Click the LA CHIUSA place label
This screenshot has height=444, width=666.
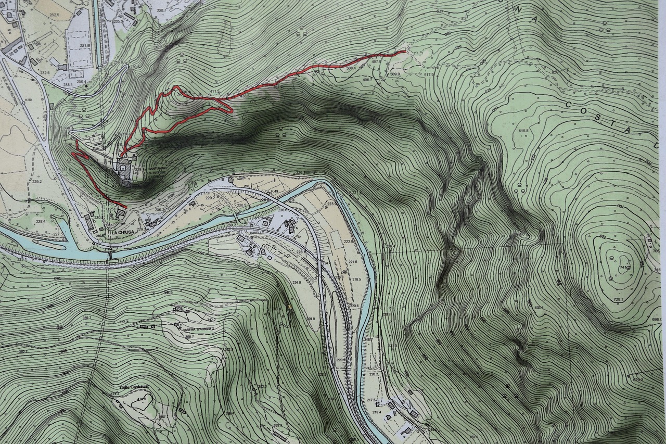pyautogui.click(x=122, y=232)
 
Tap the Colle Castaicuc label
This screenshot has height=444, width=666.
pyautogui.click(x=134, y=387)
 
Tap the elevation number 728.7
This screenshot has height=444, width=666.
pyautogui.click(x=619, y=300)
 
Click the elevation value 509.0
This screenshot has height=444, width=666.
pyautogui.click(x=395, y=74)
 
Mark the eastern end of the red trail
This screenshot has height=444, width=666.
pyautogui.click(x=405, y=52)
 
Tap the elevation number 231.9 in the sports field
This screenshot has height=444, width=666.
pyautogui.click(x=85, y=46)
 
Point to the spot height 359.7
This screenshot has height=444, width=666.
pyautogui.click(x=86, y=318)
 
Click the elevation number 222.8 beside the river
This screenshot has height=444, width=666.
pyautogui.click(x=348, y=242)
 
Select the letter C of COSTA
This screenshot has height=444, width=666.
pyautogui.click(x=569, y=104)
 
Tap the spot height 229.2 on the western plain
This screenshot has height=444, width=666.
pyautogui.click(x=36, y=182)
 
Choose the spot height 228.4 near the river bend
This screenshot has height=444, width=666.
pyautogui.click(x=41, y=222)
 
